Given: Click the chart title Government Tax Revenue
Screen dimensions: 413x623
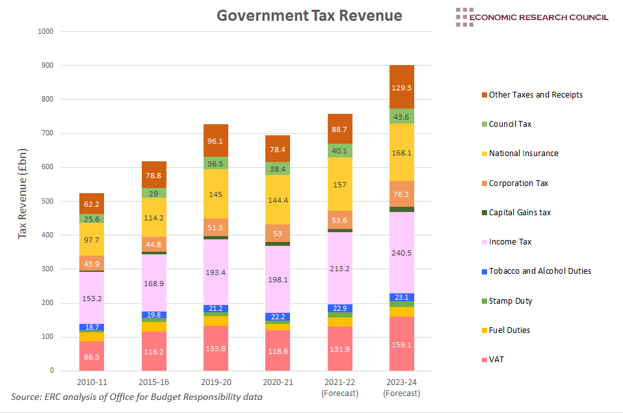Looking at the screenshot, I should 309,16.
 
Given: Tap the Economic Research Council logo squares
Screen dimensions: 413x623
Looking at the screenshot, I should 464,17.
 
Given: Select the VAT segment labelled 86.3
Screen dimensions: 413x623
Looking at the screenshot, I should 92,356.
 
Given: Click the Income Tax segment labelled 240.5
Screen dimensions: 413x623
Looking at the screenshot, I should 402,253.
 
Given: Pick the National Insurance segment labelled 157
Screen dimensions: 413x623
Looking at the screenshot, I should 339,184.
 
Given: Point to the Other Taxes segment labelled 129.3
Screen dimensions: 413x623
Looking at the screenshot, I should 402,87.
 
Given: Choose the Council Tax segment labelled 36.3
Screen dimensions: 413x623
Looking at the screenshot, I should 216,164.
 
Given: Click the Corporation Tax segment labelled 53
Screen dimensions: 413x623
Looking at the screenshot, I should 278,233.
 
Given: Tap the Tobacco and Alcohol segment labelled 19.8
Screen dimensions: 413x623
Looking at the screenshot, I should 154,315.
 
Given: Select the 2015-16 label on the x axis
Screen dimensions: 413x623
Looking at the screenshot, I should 154,382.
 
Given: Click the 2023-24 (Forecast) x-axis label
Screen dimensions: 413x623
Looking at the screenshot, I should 402,388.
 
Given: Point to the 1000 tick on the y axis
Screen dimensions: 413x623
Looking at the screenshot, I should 46,31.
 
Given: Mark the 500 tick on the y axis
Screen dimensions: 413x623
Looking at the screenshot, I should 47,201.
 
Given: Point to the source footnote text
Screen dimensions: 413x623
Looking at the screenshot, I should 137,397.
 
